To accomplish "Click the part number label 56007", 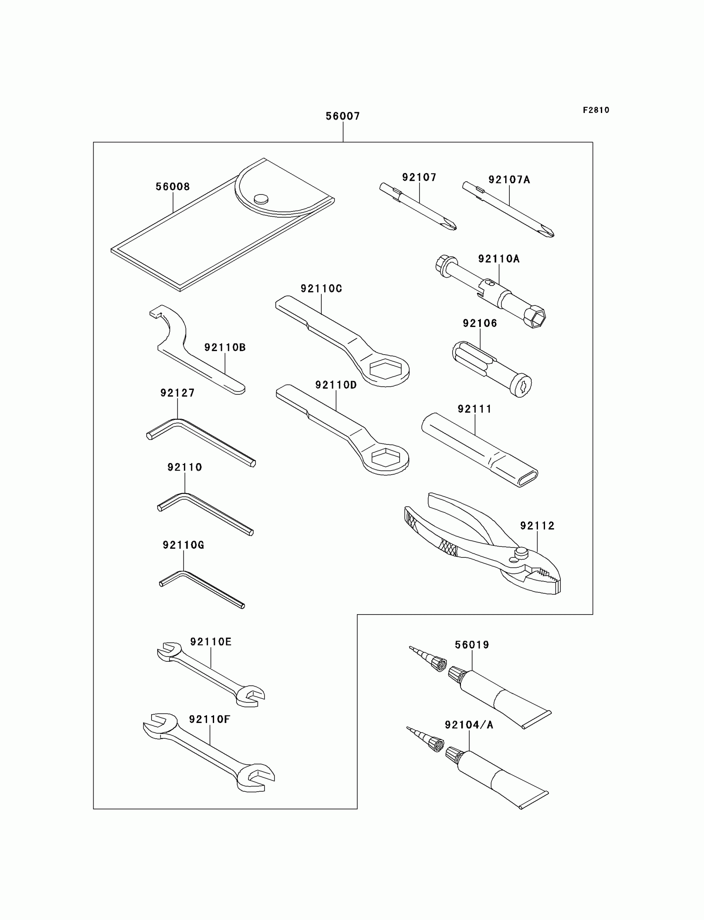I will (343, 116).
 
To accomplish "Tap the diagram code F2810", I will (596, 110).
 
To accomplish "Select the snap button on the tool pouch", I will (261, 198).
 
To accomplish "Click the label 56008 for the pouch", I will (173, 187).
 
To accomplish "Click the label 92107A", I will (509, 180).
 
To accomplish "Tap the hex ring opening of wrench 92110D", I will (385, 458).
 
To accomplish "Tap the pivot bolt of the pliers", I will (521, 552).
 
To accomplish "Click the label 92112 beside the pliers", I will (537, 526).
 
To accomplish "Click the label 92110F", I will (210, 719).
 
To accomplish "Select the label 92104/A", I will (469, 725).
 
